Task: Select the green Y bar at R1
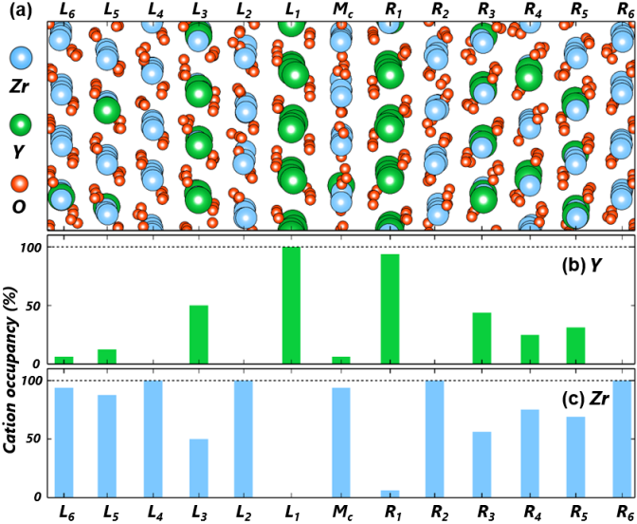(389, 309)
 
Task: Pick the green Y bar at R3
(482, 338)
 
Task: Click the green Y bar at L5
(107, 357)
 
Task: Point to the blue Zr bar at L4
(153, 439)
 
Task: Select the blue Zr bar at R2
(435, 439)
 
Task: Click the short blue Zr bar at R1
(389, 494)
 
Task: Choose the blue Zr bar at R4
(529, 453)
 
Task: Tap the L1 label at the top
(291, 11)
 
